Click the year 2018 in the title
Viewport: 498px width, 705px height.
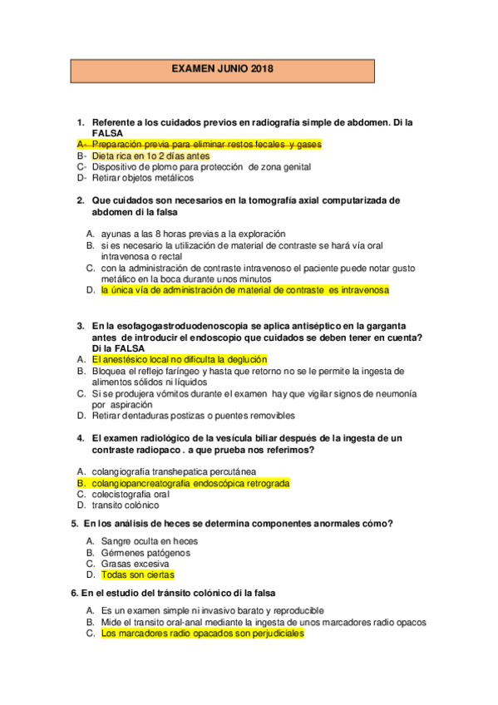[260, 69]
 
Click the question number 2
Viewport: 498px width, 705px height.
[80, 200]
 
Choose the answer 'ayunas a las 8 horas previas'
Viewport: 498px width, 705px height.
[193, 234]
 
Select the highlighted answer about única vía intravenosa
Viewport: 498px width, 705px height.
[244, 291]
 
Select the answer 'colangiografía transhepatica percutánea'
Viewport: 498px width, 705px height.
[173, 471]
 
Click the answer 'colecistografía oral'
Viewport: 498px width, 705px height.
[136, 494]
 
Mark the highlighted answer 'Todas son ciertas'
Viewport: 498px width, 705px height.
[137, 574]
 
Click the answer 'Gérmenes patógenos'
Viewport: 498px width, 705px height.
[145, 552]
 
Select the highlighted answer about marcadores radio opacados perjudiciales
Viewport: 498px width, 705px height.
[202, 634]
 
